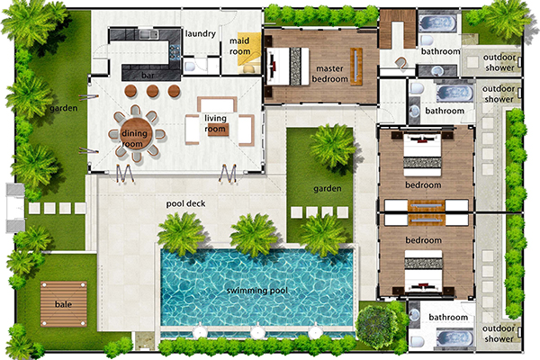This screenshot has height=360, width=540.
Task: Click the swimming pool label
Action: [x=256, y=291]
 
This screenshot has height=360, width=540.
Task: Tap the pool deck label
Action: [x=185, y=203]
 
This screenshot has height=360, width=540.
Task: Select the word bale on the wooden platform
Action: [x=63, y=304]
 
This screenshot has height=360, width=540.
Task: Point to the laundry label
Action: [x=201, y=33]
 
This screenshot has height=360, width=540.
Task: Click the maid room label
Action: [x=239, y=46]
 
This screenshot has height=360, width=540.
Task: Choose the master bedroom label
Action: [x=329, y=74]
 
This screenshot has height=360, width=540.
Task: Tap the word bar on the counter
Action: [x=148, y=75]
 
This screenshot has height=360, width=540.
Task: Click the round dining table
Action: [x=137, y=133]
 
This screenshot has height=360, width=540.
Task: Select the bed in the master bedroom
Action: [x=288, y=66]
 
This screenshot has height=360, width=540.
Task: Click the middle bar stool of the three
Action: [x=153, y=91]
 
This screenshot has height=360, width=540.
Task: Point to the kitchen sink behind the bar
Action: [x=148, y=34]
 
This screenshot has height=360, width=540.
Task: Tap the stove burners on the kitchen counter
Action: [x=175, y=50]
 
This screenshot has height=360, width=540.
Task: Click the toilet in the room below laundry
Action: [x=190, y=66]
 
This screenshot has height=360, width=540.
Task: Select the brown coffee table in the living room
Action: [x=219, y=130]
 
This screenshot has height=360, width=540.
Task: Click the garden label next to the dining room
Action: [x=63, y=109]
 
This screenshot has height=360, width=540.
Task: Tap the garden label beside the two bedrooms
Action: [x=328, y=189]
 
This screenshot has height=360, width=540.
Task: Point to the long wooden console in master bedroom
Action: [x=356, y=67]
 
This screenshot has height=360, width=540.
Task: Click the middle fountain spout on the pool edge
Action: [x=256, y=332]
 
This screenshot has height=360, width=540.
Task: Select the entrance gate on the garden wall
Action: [x=15, y=208]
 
